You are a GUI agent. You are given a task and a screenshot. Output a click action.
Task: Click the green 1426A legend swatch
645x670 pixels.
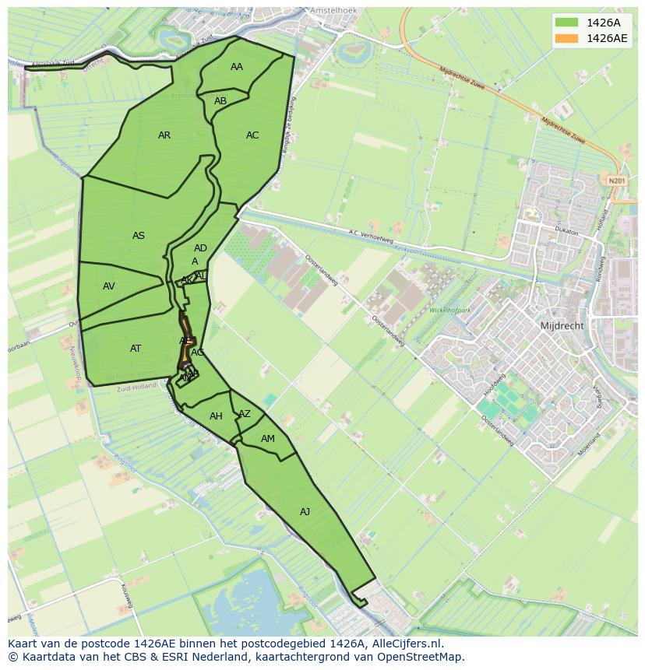567,23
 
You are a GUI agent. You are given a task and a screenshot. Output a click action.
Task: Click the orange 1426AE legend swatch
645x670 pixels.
567,38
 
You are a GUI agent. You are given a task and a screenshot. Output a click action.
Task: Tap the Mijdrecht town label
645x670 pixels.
562,326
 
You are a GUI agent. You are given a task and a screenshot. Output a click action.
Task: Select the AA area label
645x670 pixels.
237,67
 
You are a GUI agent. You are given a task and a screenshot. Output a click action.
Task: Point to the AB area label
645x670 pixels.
220,101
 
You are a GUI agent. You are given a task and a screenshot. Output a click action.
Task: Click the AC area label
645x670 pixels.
252,135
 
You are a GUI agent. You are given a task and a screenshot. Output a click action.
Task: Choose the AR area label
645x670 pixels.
164,135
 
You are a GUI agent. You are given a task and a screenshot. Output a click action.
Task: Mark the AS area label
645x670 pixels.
139,236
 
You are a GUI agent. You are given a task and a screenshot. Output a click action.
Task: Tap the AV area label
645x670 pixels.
109,286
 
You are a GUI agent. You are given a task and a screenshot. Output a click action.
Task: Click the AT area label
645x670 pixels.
136,349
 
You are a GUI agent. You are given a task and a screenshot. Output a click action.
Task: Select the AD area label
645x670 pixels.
200,248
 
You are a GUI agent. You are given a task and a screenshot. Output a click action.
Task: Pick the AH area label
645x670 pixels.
217,416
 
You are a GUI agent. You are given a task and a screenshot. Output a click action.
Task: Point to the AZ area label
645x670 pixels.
245,414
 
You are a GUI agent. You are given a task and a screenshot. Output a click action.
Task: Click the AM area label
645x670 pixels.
268,439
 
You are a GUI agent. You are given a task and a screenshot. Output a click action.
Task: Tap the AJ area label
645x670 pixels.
305,511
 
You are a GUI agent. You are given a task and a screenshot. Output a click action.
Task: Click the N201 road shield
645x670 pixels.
617,181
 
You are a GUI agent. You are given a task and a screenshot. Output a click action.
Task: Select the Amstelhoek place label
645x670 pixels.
333,11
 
